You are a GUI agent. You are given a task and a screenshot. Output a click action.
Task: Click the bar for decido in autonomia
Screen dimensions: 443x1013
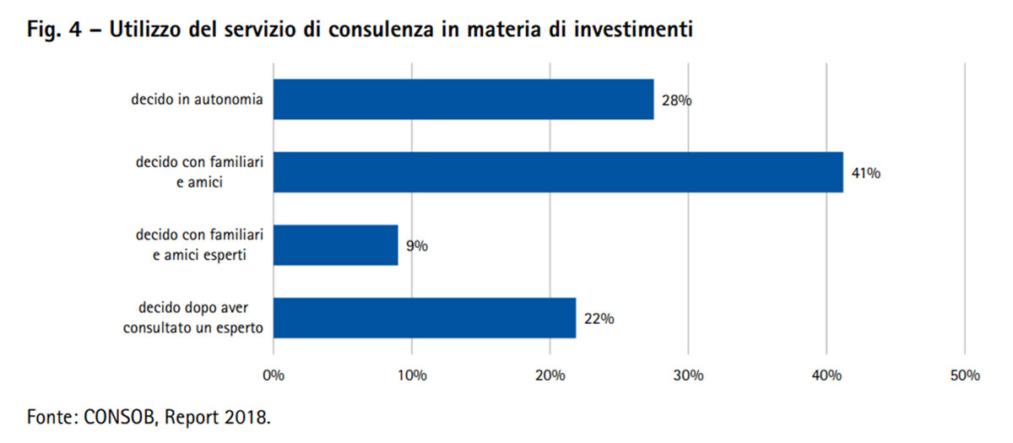(x=463, y=100)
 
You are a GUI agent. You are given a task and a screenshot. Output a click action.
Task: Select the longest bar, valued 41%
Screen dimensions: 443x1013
(x=558, y=172)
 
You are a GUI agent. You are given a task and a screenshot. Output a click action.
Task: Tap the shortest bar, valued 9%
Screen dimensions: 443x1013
(x=335, y=246)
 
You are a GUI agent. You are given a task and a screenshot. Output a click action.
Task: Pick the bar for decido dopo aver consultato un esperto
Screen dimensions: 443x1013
(x=425, y=318)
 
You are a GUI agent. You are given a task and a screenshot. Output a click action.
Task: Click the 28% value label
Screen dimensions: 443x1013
(x=677, y=100)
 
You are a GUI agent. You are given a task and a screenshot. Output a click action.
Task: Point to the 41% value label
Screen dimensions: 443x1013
(x=865, y=174)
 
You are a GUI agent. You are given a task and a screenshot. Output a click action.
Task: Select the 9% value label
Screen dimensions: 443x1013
(x=416, y=246)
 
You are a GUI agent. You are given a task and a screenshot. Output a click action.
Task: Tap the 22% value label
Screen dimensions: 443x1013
(x=599, y=319)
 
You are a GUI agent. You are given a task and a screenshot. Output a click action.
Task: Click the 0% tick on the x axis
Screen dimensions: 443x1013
(x=274, y=375)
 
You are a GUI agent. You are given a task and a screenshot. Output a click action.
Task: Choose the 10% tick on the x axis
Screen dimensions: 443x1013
(x=412, y=375)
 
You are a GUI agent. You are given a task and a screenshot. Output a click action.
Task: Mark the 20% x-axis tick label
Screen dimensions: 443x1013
(x=550, y=375)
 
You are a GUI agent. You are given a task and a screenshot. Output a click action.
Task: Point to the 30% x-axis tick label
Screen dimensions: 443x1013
(x=689, y=375)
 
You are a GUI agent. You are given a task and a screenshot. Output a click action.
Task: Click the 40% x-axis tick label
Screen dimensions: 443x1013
(x=826, y=375)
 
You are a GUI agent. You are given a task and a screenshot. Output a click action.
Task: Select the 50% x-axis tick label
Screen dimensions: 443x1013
(x=965, y=375)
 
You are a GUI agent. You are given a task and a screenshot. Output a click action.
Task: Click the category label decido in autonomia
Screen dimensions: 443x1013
(x=198, y=100)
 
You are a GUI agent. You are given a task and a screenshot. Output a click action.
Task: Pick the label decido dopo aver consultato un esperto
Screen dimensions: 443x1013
(x=192, y=318)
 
